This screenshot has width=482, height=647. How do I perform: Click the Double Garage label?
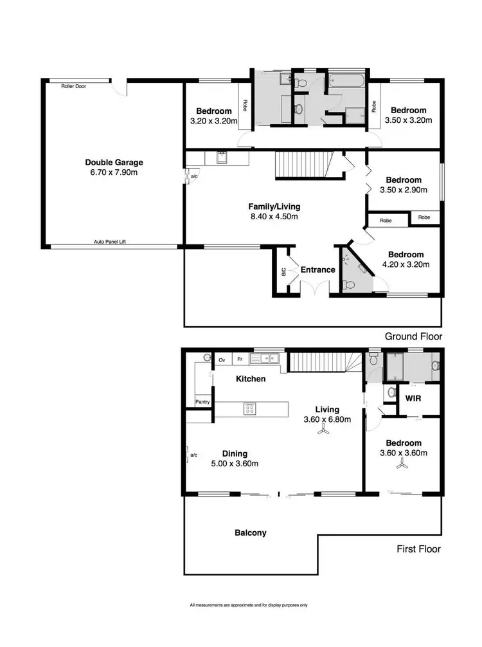[x=114, y=163]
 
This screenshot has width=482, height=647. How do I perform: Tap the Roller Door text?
[x=73, y=86]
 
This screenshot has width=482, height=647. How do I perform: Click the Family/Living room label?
[x=274, y=206]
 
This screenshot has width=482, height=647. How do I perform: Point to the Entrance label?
[x=318, y=269]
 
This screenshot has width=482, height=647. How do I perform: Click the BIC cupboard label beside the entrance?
[x=283, y=272]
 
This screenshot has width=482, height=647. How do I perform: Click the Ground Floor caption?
[x=413, y=336]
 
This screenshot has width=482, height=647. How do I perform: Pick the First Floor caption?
[x=418, y=549]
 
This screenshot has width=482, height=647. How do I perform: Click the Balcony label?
[x=251, y=533]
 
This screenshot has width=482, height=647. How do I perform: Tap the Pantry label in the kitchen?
[x=203, y=402]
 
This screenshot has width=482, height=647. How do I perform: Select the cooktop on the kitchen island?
[x=249, y=408]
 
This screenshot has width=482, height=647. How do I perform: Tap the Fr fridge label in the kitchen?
[x=239, y=360]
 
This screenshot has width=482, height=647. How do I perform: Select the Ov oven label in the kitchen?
[x=222, y=360]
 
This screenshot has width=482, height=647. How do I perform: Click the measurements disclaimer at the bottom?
[x=249, y=605]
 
